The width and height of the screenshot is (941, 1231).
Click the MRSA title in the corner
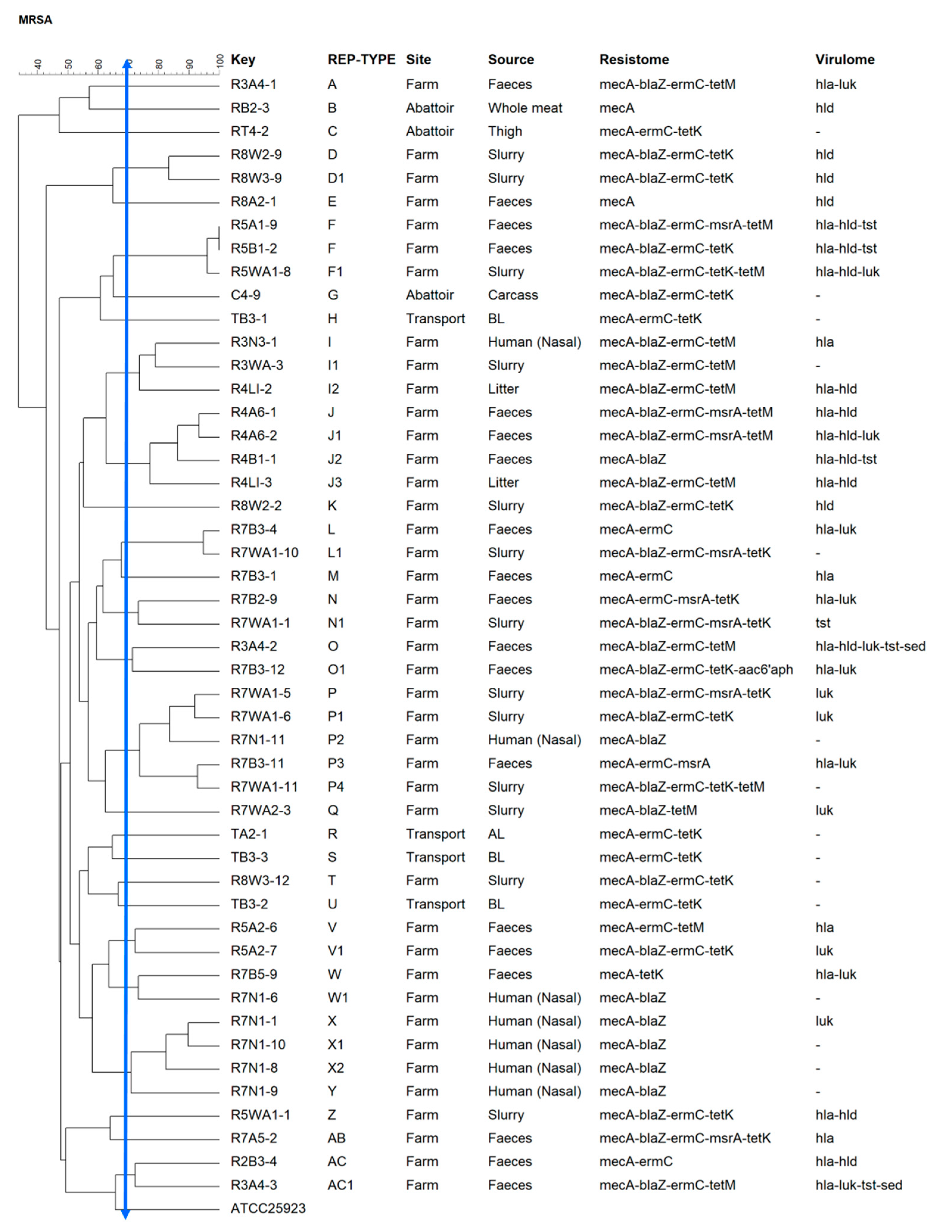35,20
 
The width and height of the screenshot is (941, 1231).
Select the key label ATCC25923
268,1208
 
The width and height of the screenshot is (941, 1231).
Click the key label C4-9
245,295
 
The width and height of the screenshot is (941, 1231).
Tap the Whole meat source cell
525,108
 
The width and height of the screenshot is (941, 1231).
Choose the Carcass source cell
512,295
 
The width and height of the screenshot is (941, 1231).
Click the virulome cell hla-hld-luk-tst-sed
870,646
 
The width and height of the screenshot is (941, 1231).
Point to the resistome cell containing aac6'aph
696,670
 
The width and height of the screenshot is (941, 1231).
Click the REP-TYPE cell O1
336,670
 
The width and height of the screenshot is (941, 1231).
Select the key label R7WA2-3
261,810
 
